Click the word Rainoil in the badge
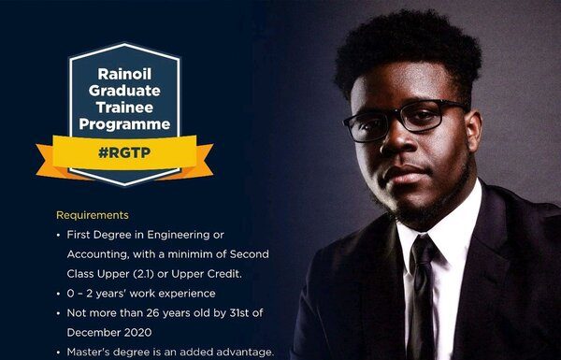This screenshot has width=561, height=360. point(124,74)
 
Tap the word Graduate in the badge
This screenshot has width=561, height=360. point(124,91)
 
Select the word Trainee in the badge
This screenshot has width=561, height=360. point(124,108)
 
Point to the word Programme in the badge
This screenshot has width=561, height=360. point(124,124)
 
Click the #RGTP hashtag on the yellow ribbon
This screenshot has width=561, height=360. point(124,152)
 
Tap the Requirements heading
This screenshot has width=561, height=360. point(93,215)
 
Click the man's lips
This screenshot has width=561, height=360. point(406,174)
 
